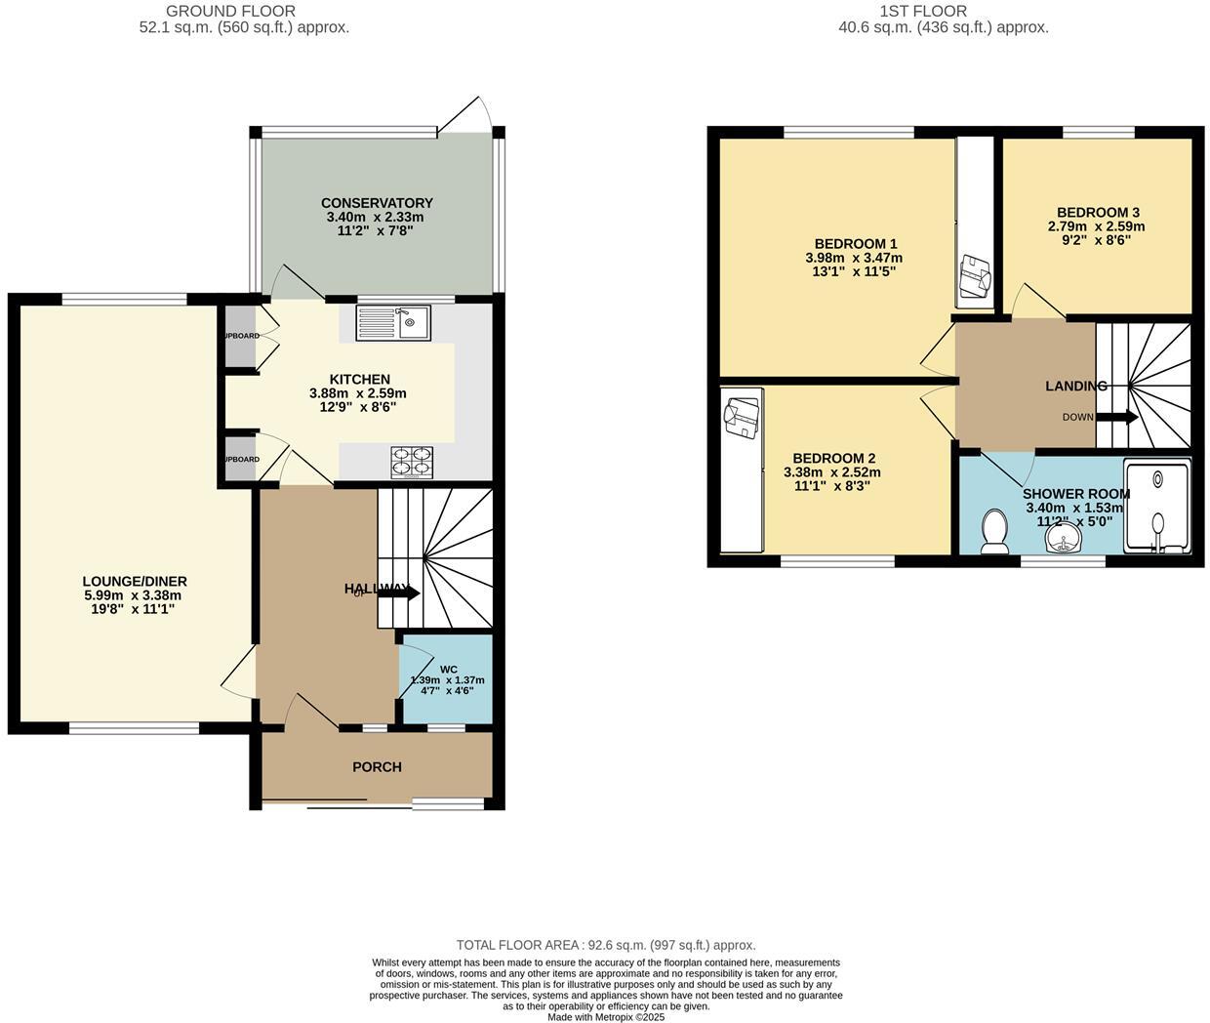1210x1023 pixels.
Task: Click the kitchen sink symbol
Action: [393, 322]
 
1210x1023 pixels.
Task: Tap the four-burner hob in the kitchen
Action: [412, 462]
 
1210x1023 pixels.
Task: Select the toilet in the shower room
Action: [994, 531]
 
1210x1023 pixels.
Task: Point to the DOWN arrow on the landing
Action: [1116, 418]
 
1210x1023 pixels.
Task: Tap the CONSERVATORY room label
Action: [377, 203]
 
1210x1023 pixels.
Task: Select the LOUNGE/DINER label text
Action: [135, 582]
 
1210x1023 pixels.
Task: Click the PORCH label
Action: [377, 767]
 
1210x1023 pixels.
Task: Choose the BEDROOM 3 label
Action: [1098, 212]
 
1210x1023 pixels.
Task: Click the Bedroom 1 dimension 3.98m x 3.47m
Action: [854, 258]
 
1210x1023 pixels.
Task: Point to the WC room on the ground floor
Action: [447, 680]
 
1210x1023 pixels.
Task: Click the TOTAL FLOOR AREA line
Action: [605, 945]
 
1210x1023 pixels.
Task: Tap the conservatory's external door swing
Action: [464, 114]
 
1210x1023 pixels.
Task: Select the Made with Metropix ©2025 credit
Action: [605, 1016]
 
